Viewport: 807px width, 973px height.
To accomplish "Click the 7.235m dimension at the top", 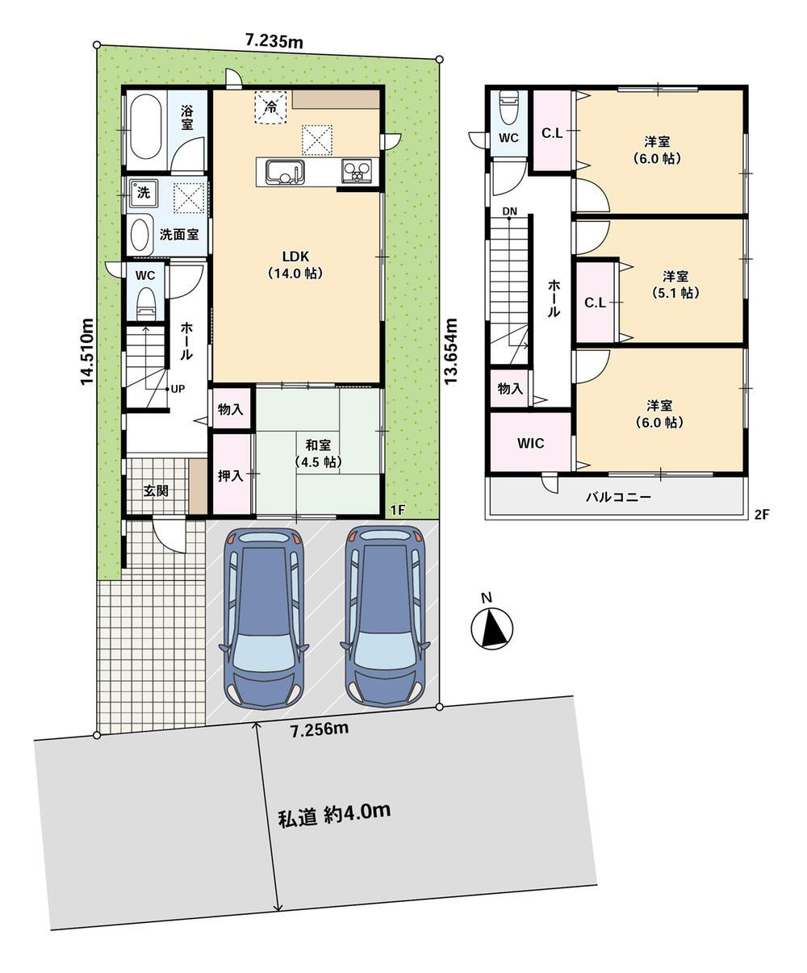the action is point(274,41).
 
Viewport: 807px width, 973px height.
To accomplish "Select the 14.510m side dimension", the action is point(87,352).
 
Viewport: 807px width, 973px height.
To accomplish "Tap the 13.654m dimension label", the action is point(450,351).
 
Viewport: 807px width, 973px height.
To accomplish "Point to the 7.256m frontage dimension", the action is point(320,729).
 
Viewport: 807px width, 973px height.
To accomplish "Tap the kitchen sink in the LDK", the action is point(285,172).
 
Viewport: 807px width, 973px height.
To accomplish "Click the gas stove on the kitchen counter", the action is point(358,171).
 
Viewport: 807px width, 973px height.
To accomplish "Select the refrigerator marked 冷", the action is point(270,106).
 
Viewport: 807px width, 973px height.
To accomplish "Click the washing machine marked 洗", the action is point(143,192).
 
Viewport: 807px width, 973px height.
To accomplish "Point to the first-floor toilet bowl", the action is point(146,303).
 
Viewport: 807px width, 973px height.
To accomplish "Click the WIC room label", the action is point(530,443).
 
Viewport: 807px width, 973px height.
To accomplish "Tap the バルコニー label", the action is point(618,497).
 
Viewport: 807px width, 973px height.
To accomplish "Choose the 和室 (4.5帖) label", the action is point(319,453).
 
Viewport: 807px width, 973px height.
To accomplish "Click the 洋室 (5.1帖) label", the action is point(675,284).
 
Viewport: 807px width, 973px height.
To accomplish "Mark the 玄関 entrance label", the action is point(156,491).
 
